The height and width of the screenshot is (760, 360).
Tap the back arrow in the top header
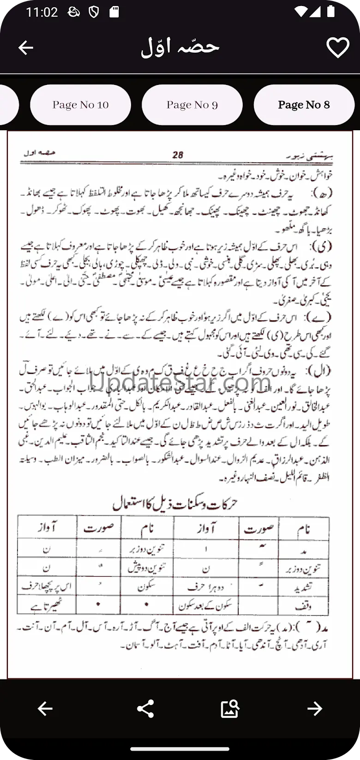(x=26, y=48)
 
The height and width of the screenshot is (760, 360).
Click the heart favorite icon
(x=337, y=48)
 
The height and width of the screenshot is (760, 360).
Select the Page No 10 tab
(x=80, y=105)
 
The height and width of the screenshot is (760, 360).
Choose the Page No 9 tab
(x=192, y=105)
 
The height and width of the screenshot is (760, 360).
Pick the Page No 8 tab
(x=304, y=105)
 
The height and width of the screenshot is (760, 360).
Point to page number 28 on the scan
(x=178, y=155)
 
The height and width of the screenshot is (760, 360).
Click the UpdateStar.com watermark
(x=180, y=383)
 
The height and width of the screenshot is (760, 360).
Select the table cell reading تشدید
(x=303, y=586)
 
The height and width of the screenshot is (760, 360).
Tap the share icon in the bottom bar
(x=145, y=708)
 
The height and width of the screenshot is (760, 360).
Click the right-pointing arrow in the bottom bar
(x=315, y=708)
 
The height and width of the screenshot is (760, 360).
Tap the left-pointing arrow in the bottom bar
(x=45, y=708)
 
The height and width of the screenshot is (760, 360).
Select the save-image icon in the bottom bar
(x=230, y=708)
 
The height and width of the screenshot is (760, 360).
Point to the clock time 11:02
(x=42, y=12)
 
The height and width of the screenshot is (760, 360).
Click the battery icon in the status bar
(x=330, y=12)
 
